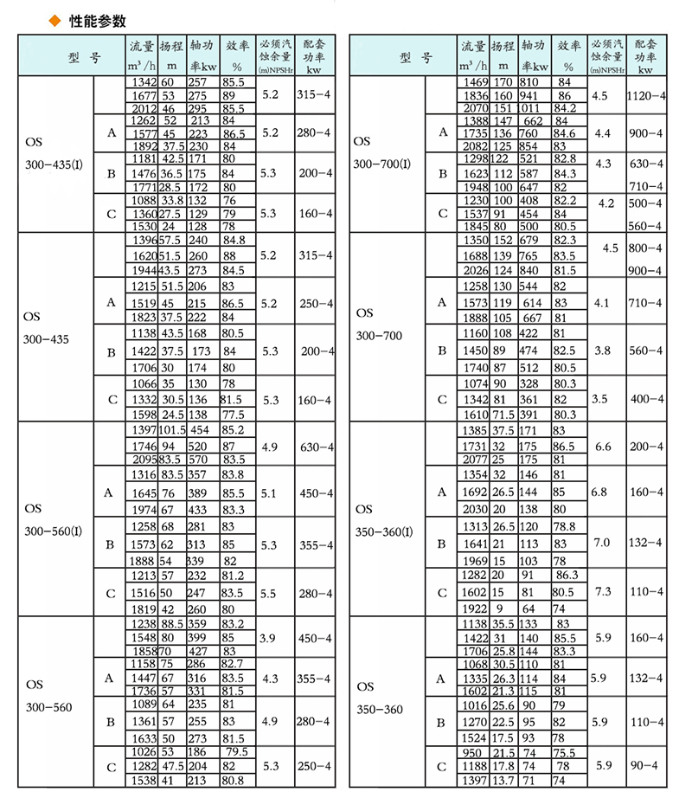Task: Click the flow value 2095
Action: [x=141, y=459]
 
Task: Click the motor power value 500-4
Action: [x=645, y=203]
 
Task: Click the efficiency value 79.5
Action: [x=236, y=751]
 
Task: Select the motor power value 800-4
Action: [x=645, y=248]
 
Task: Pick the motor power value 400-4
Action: [x=645, y=398]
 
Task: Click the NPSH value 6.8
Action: [x=599, y=490]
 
